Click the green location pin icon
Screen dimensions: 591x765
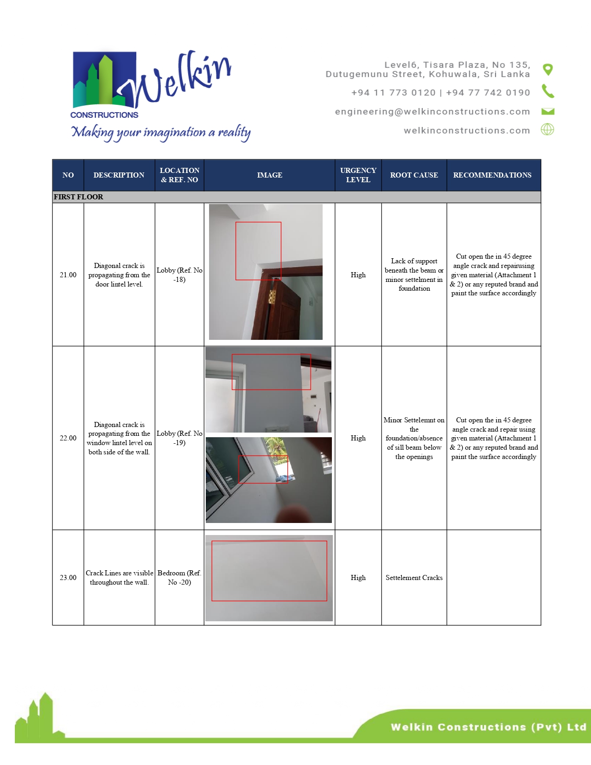pos(547,70)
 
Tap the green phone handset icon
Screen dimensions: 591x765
pos(548,91)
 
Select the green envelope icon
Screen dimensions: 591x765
pos(548,112)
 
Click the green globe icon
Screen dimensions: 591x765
pos(547,129)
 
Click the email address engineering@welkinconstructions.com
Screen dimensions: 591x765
pos(432,112)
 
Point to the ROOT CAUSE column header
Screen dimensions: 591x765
pos(414,175)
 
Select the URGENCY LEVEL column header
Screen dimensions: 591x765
pos(358,175)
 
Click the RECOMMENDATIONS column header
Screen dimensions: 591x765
pos(492,175)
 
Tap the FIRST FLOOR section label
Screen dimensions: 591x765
pos(78,197)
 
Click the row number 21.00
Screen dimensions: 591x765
pos(68,274)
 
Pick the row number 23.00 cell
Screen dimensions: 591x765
pos(68,577)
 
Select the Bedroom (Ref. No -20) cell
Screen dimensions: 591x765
pos(179,577)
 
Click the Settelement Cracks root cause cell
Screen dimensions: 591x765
pos(414,577)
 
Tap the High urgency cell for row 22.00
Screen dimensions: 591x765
pos(358,438)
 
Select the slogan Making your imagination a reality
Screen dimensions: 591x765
pos(161,133)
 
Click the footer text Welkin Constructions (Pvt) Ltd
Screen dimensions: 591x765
pos(489,727)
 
